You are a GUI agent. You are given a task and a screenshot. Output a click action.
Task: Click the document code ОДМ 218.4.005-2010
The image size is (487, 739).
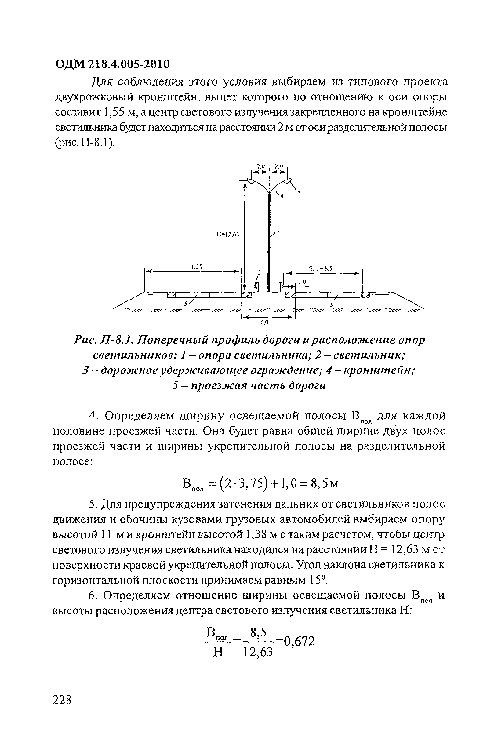pos(112,64)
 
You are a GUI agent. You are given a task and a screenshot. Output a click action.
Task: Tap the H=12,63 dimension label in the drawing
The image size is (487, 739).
pos(227,235)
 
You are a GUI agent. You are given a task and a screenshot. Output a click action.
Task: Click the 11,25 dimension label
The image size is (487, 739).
pos(196,266)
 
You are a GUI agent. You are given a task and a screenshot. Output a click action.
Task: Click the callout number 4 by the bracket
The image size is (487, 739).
pos(282,196)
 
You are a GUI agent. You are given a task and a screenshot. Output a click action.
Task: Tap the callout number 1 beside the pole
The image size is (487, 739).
pos(278,233)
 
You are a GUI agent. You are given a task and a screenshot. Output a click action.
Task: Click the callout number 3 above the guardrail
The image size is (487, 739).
pos(260,272)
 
